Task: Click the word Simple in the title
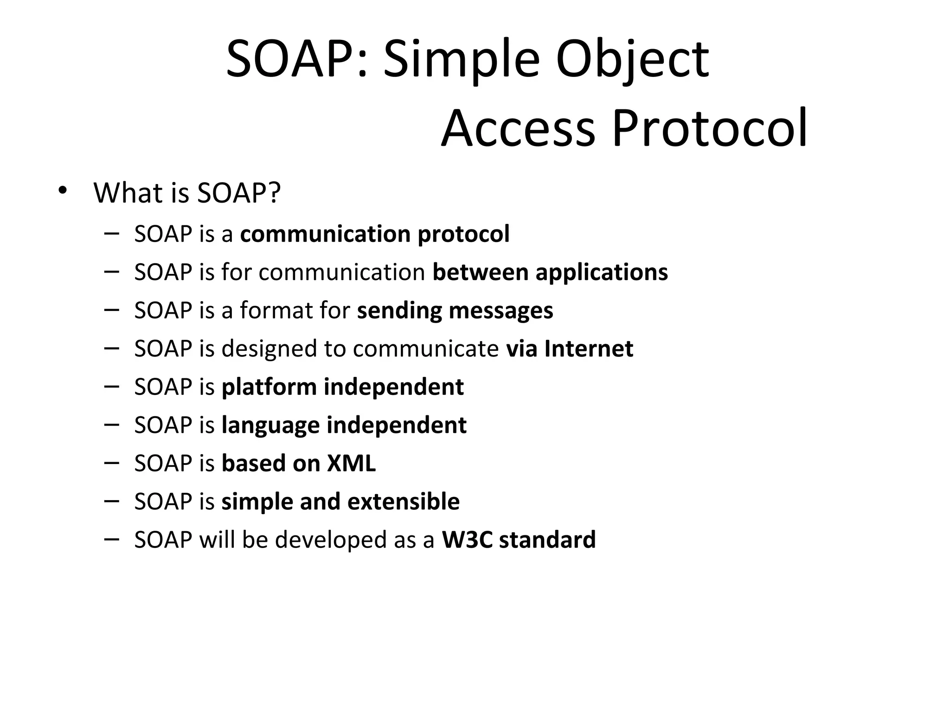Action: tap(462, 60)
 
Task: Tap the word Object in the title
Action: tap(632, 60)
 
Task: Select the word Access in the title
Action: tap(518, 128)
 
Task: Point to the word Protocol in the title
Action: tap(710, 128)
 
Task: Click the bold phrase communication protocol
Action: tap(374, 234)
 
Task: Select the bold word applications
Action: tap(602, 272)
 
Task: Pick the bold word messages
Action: tap(501, 311)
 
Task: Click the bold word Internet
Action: tap(589, 349)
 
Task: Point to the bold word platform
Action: tap(269, 387)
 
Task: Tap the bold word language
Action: tap(270, 426)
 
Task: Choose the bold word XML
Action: tap(351, 463)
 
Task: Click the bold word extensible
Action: tap(403, 502)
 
